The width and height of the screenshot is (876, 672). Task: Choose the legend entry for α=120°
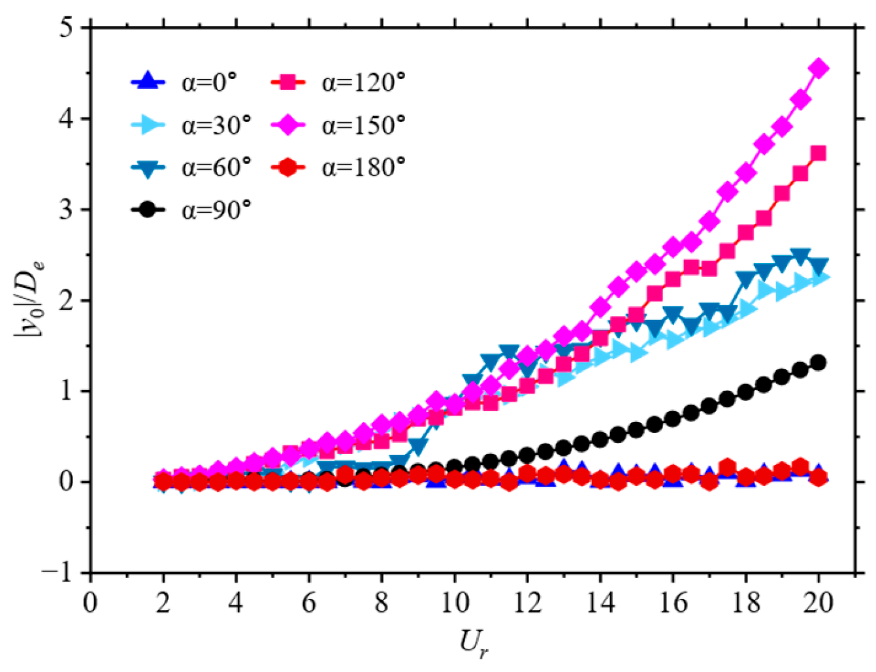tap(338, 82)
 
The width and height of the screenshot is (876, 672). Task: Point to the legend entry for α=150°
tap(338, 125)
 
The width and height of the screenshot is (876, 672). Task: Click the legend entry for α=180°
tap(338, 167)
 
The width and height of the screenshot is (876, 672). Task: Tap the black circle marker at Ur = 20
tap(818, 362)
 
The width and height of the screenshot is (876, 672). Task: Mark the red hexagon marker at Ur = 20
tap(818, 477)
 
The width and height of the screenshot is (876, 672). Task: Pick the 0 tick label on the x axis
tap(91, 602)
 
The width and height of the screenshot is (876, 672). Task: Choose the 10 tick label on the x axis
tap(455, 602)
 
